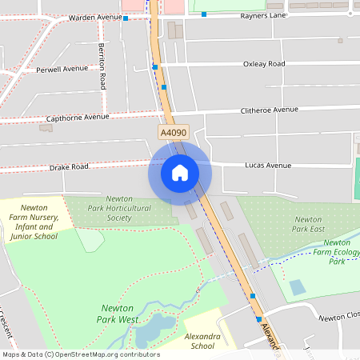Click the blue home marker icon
click(x=180, y=172)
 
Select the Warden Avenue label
click(x=95, y=17)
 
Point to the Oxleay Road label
click(x=264, y=63)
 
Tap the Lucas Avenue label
click(x=267, y=166)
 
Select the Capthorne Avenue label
click(x=77, y=117)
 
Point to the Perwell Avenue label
click(x=62, y=69)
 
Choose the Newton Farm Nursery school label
click(x=34, y=222)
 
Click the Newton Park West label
click(x=121, y=314)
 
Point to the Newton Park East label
click(x=309, y=224)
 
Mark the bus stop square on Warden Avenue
click(x=126, y=18)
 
